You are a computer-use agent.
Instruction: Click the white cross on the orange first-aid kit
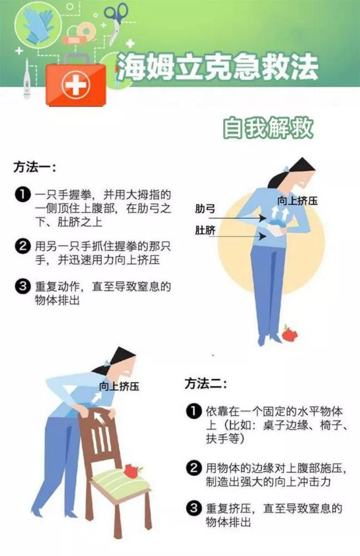coord(76,85)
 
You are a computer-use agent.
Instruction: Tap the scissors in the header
coord(116,19)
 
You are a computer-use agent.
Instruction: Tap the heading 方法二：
coord(206,383)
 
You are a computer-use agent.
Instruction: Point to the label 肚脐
coord(205,230)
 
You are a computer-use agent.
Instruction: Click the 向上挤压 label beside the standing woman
coord(298,200)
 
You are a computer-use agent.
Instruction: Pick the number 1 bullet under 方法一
coord(22,195)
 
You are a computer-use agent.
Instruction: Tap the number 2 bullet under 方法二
coord(193,468)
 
